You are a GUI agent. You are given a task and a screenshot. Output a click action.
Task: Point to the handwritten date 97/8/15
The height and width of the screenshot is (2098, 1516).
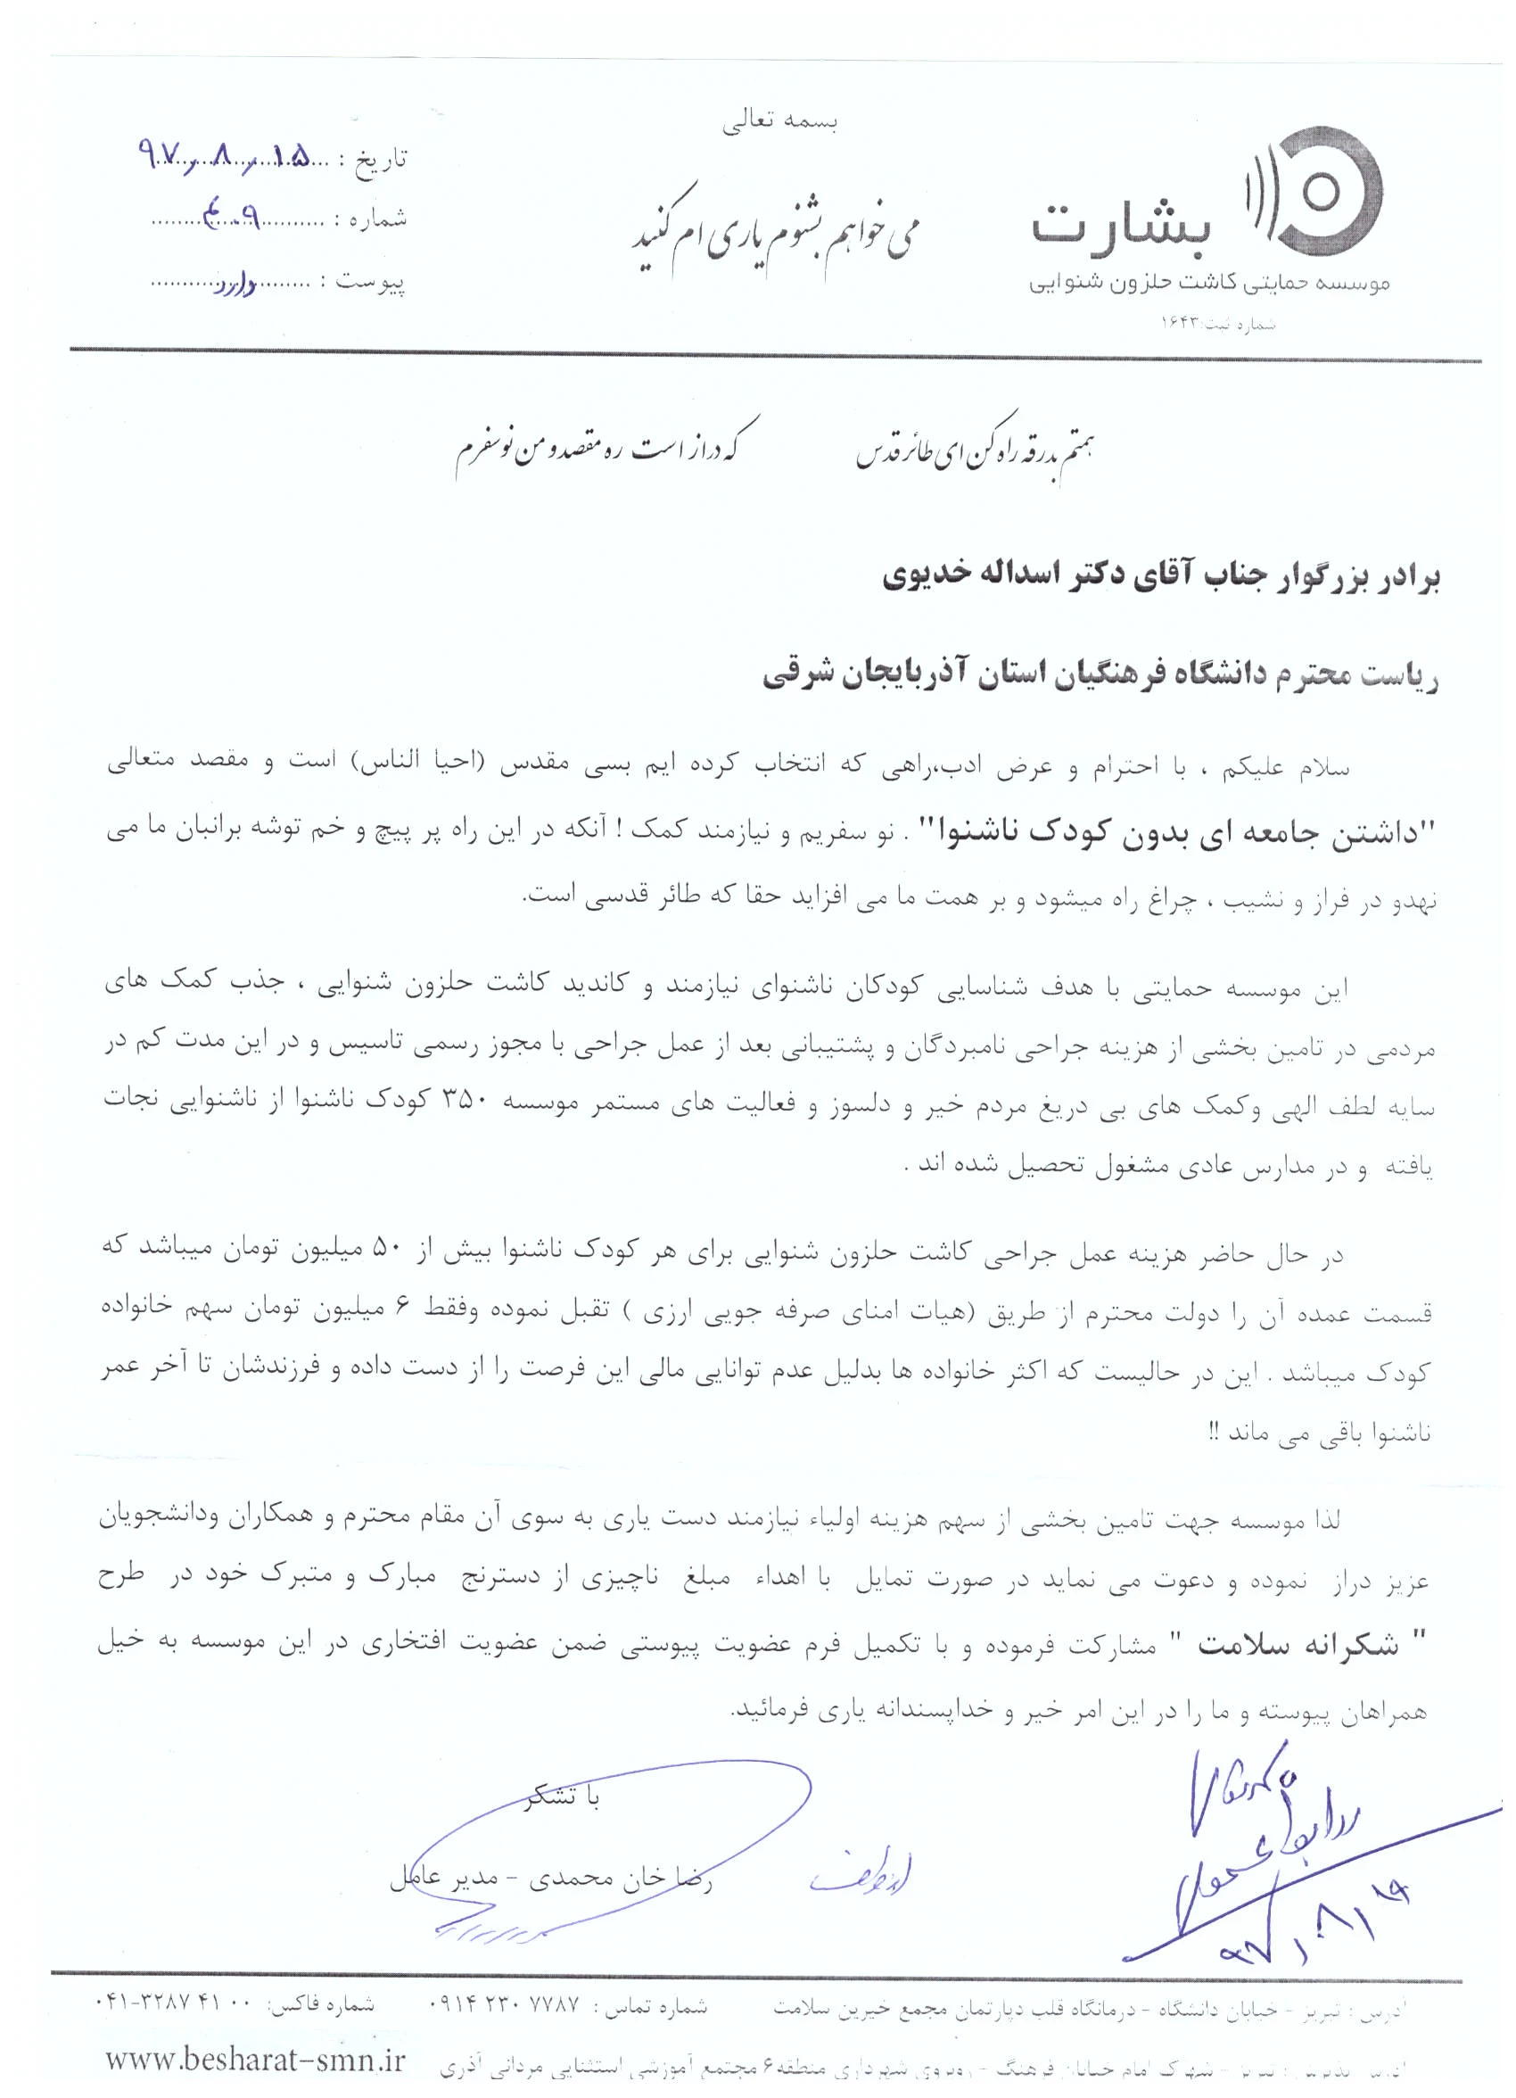pyautogui.click(x=221, y=156)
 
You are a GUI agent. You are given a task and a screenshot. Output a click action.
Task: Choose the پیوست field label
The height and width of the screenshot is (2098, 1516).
pyautogui.click(x=371, y=280)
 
